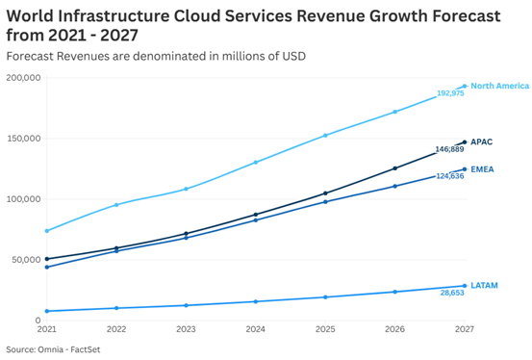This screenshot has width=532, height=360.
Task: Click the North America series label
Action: tap(499, 87)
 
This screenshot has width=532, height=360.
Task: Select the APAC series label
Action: tap(481, 141)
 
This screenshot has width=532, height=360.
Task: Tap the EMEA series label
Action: tap(482, 169)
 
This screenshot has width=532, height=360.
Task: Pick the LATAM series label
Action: tap(484, 286)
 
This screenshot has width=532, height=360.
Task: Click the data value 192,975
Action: tap(449, 94)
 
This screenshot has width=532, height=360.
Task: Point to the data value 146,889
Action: tap(449, 149)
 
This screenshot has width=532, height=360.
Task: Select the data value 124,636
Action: tap(449, 176)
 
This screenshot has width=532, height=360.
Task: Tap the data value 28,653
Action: tap(452, 293)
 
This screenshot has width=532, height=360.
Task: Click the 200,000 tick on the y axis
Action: tap(23, 78)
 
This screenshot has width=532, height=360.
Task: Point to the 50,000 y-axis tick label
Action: tap(25, 260)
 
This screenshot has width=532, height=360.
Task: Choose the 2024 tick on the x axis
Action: tap(255, 329)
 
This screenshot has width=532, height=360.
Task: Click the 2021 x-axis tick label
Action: tap(46, 329)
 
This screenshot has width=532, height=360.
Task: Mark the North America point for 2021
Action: tap(46, 231)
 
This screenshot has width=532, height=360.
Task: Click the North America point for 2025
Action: tap(325, 136)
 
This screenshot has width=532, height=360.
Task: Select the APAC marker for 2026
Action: tap(394, 168)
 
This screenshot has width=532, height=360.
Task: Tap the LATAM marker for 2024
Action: tap(255, 302)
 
